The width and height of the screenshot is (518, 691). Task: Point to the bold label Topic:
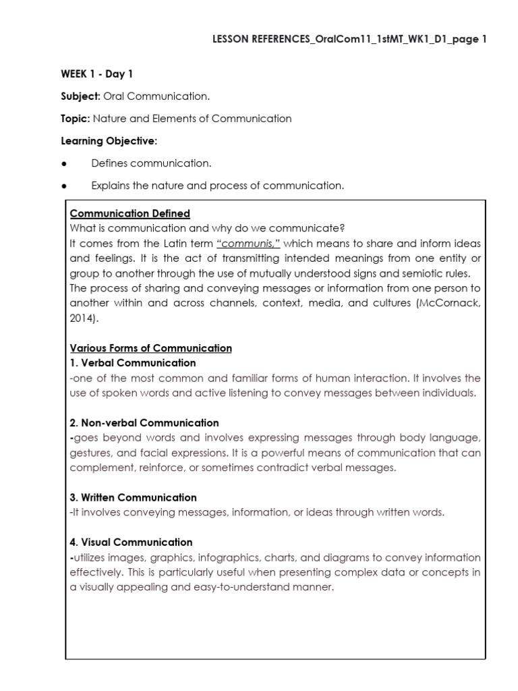click(x=74, y=119)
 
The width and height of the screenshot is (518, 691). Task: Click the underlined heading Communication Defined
click(x=129, y=214)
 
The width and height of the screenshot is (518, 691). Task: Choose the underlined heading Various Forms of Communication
click(x=150, y=348)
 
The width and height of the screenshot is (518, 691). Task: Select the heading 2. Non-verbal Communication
click(x=144, y=423)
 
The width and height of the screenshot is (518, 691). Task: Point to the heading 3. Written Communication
click(x=133, y=497)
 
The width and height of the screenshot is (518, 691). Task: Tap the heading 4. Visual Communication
click(x=131, y=542)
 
